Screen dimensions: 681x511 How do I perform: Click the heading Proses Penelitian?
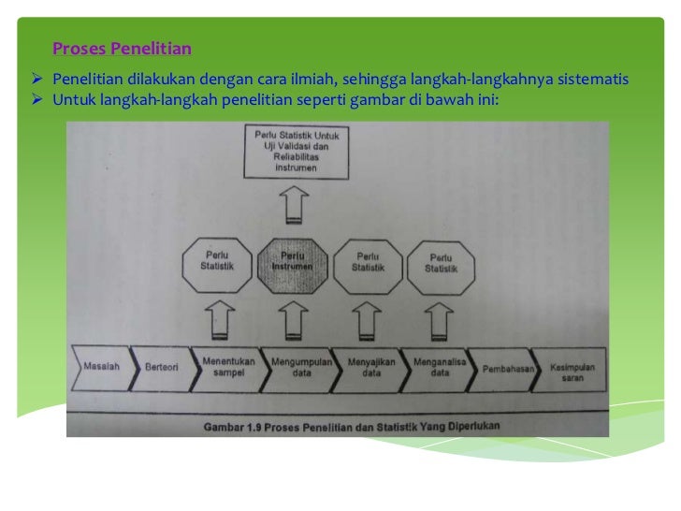click(x=122, y=48)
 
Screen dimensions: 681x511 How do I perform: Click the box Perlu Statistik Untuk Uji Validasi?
click(x=297, y=152)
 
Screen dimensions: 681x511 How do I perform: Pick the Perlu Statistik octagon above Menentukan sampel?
click(x=216, y=260)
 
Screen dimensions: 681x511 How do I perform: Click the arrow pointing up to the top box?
click(x=296, y=205)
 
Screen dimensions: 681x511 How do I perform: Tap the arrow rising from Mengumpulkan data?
click(x=293, y=318)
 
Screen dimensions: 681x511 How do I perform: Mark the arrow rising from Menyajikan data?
click(x=368, y=318)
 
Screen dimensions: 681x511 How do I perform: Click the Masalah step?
click(x=101, y=367)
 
